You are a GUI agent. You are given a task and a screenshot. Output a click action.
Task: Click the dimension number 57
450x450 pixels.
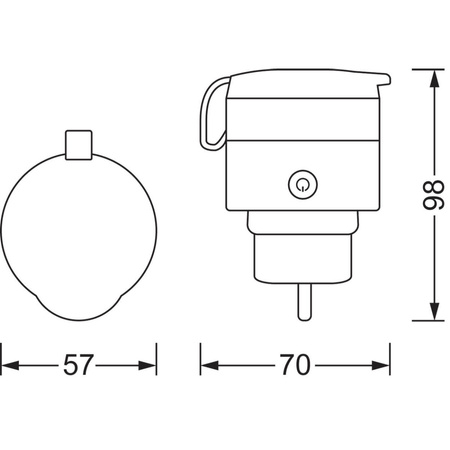[x=79, y=365]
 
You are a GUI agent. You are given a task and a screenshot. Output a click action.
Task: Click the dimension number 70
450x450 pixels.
[x=294, y=365]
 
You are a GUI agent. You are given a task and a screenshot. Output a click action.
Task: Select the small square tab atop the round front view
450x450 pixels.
[x=79, y=145]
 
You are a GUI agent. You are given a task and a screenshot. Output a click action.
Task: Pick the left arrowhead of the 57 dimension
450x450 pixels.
[x=8, y=365]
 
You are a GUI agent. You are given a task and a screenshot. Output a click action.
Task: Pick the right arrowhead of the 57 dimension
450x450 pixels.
[x=150, y=365]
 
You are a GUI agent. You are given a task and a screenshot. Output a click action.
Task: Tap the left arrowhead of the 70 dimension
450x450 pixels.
[x=207, y=365]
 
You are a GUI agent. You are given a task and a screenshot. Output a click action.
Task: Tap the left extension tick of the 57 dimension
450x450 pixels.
[x=2, y=355]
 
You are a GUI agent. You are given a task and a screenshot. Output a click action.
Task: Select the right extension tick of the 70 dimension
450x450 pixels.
[x=389, y=355]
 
